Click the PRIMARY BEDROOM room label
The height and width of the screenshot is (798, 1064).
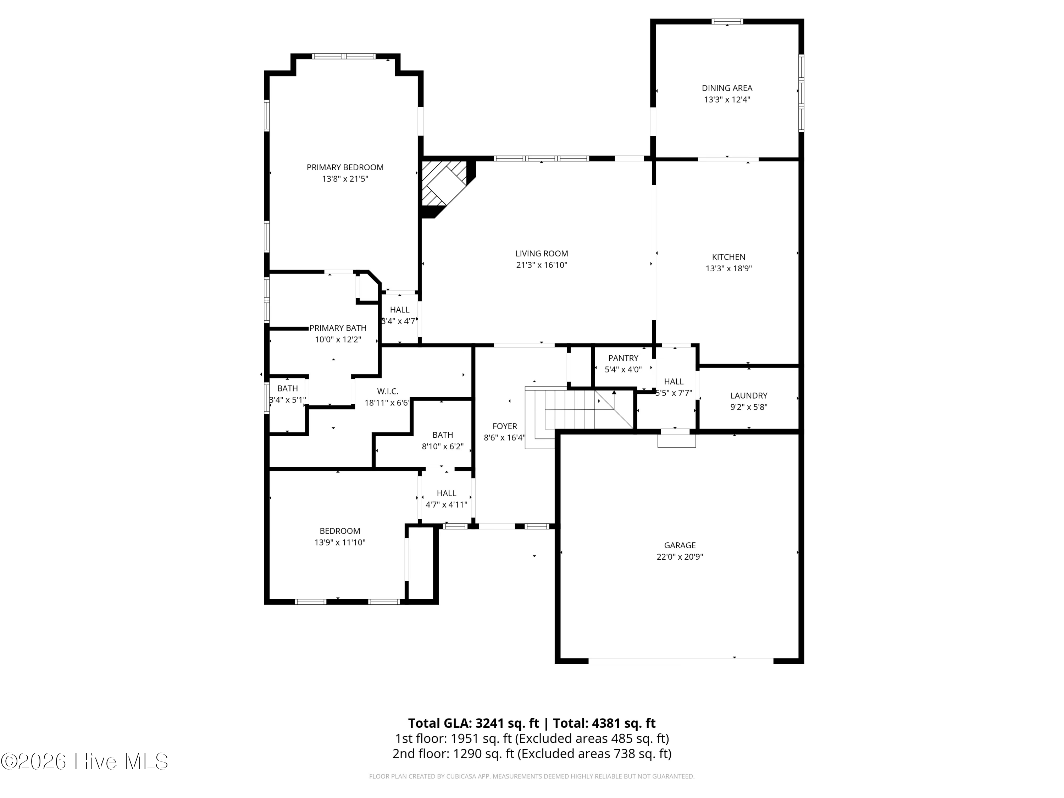345,167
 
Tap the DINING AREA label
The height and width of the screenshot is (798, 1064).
727,88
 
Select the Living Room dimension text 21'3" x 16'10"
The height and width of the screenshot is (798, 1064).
542,265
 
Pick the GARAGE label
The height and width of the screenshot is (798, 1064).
680,545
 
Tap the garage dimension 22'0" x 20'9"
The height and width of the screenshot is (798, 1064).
680,557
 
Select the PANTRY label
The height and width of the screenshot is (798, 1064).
624,358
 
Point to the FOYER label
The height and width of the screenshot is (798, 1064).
505,426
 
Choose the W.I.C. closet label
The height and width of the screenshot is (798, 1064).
388,392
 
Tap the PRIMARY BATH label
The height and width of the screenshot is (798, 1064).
338,328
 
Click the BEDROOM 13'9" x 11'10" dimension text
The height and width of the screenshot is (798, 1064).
340,543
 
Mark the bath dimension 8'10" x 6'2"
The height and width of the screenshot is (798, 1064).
443,447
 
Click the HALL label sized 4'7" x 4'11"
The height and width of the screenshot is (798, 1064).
447,494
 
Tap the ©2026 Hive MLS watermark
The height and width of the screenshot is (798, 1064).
85,761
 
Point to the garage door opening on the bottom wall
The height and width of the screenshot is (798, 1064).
681,661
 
